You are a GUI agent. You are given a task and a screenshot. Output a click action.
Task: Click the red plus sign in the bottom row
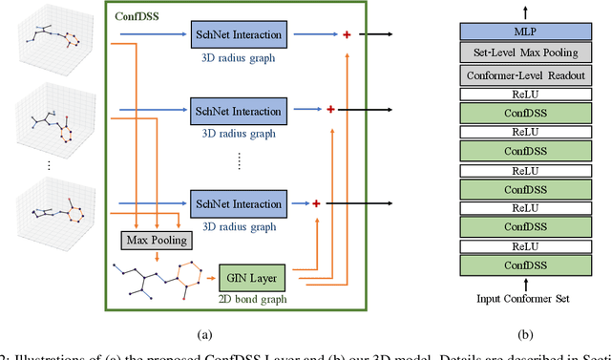[x=314, y=203]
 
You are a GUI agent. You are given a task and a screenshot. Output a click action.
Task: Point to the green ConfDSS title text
[x=138, y=17]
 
